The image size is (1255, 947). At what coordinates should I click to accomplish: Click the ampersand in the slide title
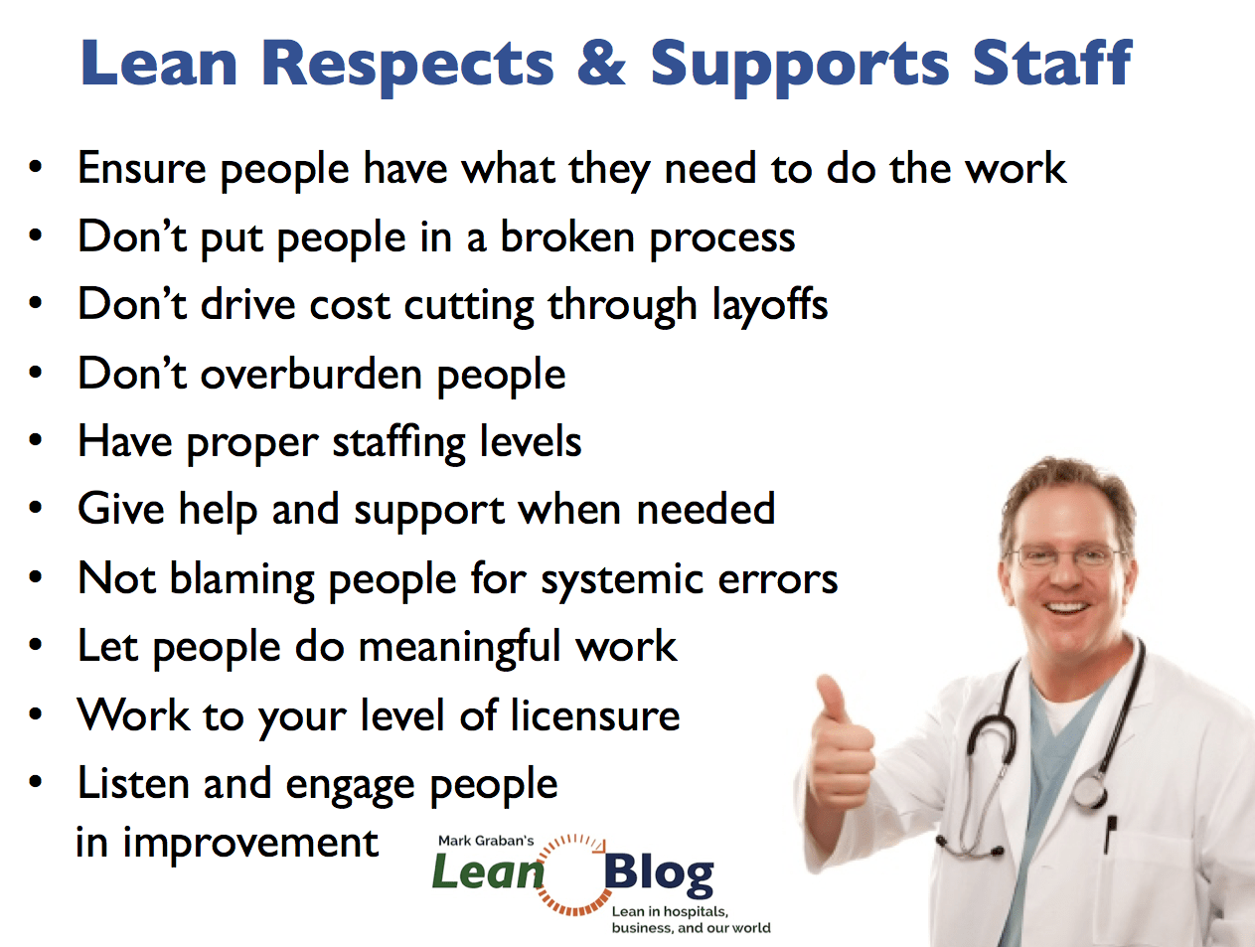[601, 64]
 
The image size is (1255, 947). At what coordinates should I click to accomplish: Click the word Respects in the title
[407, 68]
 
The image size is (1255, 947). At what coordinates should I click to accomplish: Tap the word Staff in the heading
[1052, 63]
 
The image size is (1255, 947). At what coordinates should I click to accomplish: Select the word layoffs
[769, 306]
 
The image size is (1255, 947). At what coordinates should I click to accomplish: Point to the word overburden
[311, 374]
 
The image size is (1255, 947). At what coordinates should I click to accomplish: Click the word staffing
[399, 443]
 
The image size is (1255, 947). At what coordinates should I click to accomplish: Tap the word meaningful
[460, 649]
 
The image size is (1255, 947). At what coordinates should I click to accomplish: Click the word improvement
[250, 843]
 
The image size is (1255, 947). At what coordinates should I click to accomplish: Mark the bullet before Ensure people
[36, 168]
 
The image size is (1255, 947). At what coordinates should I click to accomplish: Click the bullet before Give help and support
[36, 508]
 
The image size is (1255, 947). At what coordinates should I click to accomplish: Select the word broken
[567, 237]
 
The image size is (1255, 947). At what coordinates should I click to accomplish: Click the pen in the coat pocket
[1110, 835]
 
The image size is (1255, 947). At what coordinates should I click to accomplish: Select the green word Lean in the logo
[488, 872]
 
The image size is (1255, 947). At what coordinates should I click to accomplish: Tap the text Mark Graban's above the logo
[486, 841]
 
